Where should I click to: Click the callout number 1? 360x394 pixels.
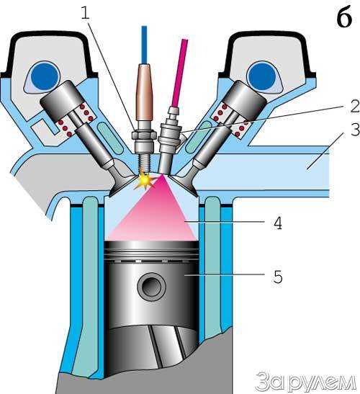[x=86, y=13]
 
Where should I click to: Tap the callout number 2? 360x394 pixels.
[x=355, y=106]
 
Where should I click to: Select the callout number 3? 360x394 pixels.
[x=355, y=130]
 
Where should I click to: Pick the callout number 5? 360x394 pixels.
[x=278, y=277]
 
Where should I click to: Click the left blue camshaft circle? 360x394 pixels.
[x=45, y=76]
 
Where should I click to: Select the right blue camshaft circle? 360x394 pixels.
[x=261, y=76]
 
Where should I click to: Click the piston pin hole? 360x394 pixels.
[x=152, y=287]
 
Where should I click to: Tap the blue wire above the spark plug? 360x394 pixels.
[x=144, y=45]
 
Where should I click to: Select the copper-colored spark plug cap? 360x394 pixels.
[x=144, y=92]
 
